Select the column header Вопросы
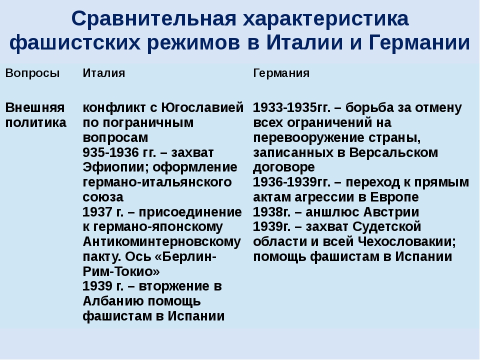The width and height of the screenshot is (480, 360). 32,73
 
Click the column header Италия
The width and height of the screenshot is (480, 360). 104,73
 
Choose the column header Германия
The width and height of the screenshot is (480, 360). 281,73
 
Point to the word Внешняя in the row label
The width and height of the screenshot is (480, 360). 35,108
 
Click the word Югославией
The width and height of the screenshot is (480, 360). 202,108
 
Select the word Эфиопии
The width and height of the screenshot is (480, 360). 116,167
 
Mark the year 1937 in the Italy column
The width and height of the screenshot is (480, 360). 97,212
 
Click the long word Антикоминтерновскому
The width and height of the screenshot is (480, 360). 162,242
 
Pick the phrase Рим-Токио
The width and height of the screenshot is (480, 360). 121,271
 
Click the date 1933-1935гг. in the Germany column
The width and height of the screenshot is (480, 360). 291,108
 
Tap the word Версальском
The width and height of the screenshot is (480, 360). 393,152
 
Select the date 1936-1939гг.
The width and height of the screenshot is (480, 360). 291,182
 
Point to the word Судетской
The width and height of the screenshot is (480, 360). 386,227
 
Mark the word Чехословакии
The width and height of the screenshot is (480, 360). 407,242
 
